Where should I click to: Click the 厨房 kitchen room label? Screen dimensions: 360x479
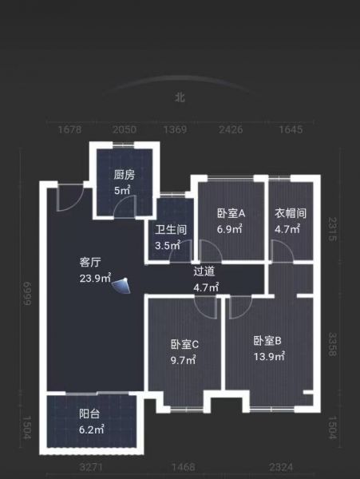124,175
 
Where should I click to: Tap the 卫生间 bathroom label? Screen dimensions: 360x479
171,229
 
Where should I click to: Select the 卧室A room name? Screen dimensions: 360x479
231,213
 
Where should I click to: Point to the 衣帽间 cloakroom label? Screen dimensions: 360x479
291,213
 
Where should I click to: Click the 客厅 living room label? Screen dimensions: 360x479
90,262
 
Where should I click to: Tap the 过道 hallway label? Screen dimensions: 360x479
204,271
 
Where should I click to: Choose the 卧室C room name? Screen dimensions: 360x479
184,345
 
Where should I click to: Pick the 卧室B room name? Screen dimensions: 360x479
267,341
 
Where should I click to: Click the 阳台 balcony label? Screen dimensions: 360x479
89,414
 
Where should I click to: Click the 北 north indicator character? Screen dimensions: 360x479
180,97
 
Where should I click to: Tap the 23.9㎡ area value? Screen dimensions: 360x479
95,278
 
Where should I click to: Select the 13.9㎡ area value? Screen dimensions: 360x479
270,356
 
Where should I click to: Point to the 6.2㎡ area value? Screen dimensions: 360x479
92,430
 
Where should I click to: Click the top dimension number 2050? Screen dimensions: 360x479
125,129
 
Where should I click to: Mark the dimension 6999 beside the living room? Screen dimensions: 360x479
26,294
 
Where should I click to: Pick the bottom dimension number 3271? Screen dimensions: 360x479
91,467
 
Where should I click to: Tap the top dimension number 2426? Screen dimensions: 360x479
231,129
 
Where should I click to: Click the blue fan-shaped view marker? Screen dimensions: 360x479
122,286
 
